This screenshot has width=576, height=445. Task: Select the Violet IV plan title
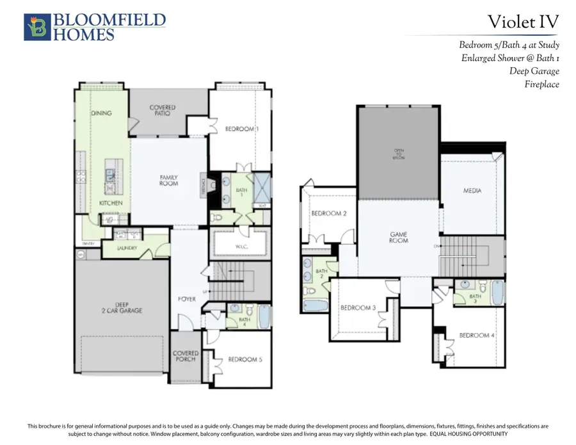pyautogui.click(x=523, y=22)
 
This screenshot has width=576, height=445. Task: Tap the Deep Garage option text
pyautogui.click(x=534, y=71)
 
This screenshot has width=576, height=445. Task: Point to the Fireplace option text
pyautogui.click(x=541, y=84)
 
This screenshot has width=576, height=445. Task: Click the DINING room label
pyautogui.click(x=101, y=113)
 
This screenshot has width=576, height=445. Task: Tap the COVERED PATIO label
pyautogui.click(x=163, y=111)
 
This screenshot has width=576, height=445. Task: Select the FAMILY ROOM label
pyautogui.click(x=168, y=181)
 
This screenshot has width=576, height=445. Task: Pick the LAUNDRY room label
pyautogui.click(x=127, y=248)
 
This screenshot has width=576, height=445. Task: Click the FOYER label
pyautogui.click(x=186, y=299)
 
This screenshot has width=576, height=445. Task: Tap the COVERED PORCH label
pyautogui.click(x=186, y=356)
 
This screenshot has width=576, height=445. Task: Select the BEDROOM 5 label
pyautogui.click(x=244, y=360)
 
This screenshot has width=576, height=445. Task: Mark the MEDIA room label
pyautogui.click(x=472, y=191)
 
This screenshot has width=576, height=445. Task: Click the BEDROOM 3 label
pyautogui.click(x=358, y=308)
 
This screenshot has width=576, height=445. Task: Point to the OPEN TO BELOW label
pyautogui.click(x=399, y=154)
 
